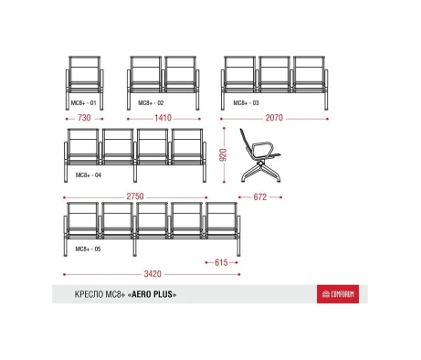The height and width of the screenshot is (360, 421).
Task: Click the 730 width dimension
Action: (x=84, y=118)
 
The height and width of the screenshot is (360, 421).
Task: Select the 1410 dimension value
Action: (x=163, y=118)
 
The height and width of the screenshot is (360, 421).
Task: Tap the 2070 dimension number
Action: (x=274, y=118)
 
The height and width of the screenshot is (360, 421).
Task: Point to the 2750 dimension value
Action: (x=135, y=196)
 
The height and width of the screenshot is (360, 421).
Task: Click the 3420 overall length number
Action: (x=153, y=274)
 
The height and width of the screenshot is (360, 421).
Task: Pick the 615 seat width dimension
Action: (x=221, y=262)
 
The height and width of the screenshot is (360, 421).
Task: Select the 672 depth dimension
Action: (x=260, y=197)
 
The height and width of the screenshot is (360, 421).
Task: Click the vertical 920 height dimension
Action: (x=223, y=155)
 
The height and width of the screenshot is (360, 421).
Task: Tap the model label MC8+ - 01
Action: (x=83, y=103)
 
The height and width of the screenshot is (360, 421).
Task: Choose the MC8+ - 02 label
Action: (x=151, y=103)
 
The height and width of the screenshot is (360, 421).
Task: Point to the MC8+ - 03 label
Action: (x=246, y=103)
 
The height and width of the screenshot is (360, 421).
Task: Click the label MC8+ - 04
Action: (x=89, y=175)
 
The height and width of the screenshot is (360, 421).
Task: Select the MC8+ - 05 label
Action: (x=88, y=249)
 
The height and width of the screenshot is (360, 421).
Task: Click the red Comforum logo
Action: (x=338, y=294)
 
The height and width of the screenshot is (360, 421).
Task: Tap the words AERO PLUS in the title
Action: (x=153, y=294)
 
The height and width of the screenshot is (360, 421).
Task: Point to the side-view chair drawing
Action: (x=260, y=155)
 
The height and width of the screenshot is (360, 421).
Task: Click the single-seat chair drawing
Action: (x=85, y=83)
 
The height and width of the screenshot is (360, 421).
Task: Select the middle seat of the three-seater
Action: (x=274, y=74)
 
